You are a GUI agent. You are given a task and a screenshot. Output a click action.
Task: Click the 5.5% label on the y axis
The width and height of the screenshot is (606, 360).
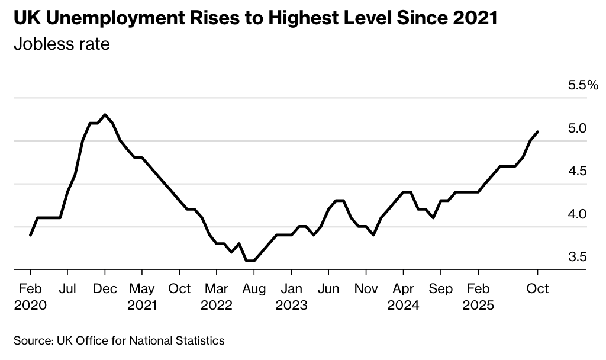[x=584, y=85]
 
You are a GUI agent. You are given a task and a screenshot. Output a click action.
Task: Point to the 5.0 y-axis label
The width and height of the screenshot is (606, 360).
[x=577, y=128]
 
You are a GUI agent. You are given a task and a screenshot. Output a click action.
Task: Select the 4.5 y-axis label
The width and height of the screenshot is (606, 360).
[x=577, y=171]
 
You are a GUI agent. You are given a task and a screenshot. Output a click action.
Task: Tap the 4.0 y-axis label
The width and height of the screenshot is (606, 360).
[x=577, y=214]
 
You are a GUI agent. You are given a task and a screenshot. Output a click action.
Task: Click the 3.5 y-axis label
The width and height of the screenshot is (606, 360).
[x=577, y=257]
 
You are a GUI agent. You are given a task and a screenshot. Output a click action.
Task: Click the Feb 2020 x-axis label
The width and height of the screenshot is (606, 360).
[x=30, y=297]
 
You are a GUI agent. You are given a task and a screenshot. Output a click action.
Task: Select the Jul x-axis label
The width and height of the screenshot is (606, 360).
[x=67, y=288]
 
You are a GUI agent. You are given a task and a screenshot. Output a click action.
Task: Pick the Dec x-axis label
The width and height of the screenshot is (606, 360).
[x=105, y=288]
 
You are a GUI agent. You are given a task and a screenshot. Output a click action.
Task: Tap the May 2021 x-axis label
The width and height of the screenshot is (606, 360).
[x=142, y=297]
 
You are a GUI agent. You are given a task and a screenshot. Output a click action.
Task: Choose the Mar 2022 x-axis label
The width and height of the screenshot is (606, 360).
[x=217, y=297]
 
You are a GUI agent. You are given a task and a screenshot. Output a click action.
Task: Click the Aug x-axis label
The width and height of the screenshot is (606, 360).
[x=254, y=288]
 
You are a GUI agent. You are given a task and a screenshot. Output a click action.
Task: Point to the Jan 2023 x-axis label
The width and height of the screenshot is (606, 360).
[x=291, y=297]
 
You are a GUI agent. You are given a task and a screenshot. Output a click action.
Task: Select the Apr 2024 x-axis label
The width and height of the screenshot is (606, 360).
[x=403, y=297]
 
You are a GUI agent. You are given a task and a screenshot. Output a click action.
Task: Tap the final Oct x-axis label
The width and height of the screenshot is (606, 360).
[x=537, y=288]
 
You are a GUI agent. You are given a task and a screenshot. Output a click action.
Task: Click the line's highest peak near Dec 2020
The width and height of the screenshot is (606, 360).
[x=105, y=114]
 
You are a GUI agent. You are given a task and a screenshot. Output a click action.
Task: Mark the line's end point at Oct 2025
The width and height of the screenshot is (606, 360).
[x=537, y=131]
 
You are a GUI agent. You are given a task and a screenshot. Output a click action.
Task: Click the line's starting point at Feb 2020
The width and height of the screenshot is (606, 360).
[x=30, y=235]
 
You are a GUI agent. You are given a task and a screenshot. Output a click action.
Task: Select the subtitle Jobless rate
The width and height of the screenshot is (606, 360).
[x=62, y=44]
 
